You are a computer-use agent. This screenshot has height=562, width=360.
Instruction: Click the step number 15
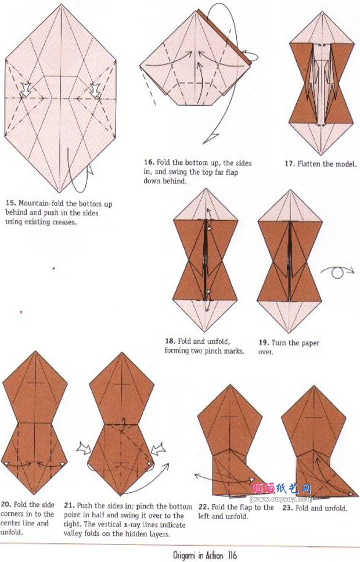(x=10, y=203)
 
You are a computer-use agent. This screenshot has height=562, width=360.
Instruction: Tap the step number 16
(x=149, y=163)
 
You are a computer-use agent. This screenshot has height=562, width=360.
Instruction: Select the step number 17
(x=290, y=164)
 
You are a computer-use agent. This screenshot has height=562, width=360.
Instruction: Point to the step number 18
(x=170, y=341)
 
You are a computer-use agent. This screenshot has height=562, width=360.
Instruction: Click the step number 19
(x=264, y=343)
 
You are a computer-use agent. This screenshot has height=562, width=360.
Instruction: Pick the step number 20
(x=6, y=505)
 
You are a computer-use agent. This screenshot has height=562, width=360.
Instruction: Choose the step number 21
(x=69, y=506)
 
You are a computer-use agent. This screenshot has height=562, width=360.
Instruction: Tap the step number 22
(x=204, y=507)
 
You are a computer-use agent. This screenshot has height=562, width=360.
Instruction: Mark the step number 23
(x=288, y=508)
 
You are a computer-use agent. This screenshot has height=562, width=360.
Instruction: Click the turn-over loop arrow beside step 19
(x=337, y=272)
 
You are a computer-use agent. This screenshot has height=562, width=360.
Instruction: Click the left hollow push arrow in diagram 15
(x=26, y=89)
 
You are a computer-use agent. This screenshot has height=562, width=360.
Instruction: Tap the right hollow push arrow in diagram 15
(x=95, y=89)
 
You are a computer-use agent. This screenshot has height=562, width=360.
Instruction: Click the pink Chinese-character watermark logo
(x=282, y=488)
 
